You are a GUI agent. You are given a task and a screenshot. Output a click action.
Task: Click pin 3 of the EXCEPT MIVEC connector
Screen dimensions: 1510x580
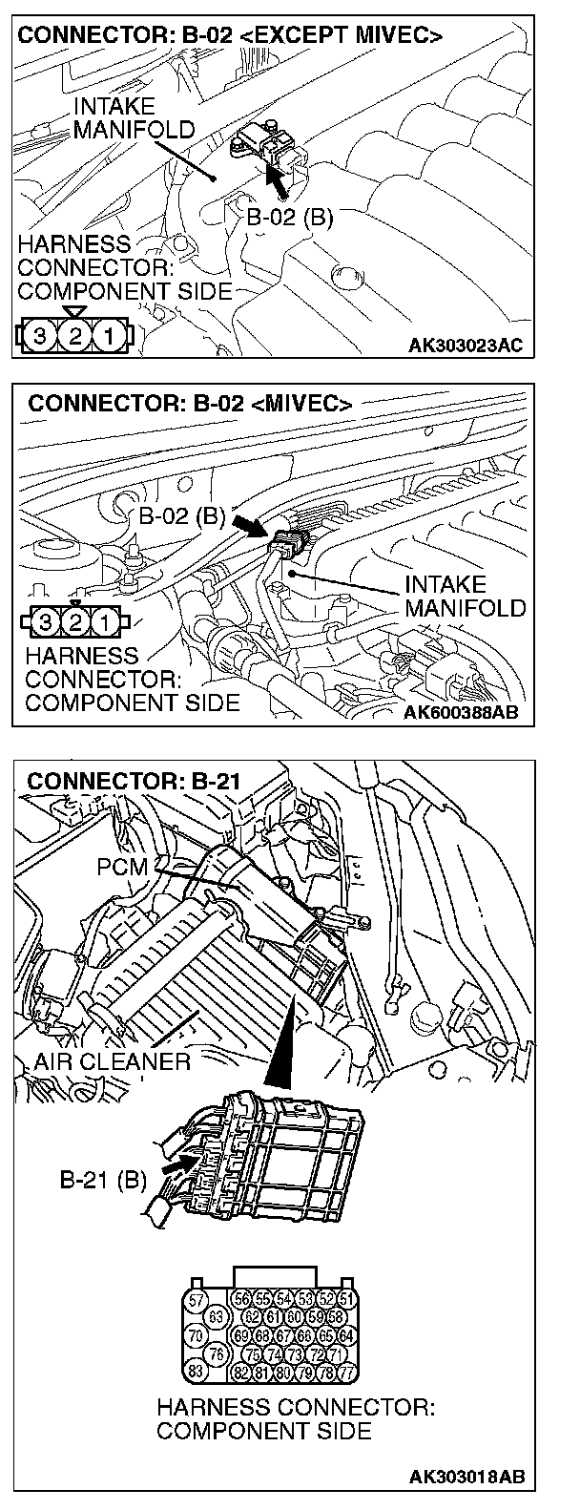(x=38, y=335)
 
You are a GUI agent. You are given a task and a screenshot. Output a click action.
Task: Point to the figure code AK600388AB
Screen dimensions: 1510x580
(x=464, y=711)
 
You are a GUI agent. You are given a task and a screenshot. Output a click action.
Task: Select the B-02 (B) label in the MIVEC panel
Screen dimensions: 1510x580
(x=181, y=518)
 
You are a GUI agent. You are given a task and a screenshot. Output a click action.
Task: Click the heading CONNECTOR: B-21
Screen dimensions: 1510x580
(x=135, y=781)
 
